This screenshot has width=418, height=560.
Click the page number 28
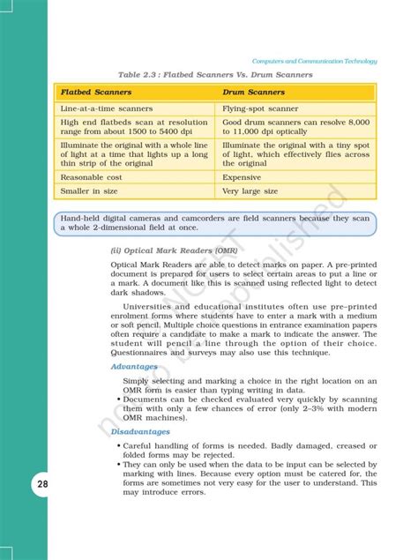tap(19, 486)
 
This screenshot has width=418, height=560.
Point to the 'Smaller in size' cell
tap(88, 190)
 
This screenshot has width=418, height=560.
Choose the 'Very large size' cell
tap(251, 190)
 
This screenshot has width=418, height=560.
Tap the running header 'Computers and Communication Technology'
tap(314, 61)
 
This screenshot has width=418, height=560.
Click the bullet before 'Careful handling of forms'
tap(118, 445)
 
